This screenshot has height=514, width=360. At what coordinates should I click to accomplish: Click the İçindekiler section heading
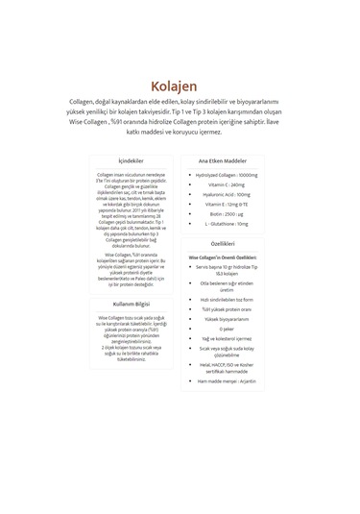tap(131, 160)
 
